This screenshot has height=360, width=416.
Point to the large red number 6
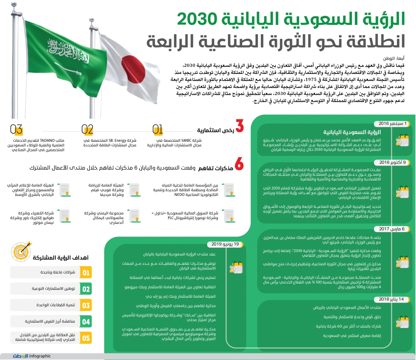pos(239,165)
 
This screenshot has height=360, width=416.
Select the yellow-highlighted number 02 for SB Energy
pos(87,129)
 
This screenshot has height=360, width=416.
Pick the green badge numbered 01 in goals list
pos(86,273)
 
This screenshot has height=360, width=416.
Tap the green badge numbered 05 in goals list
pos(86,338)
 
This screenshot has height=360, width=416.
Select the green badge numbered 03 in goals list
pos(86,306)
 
